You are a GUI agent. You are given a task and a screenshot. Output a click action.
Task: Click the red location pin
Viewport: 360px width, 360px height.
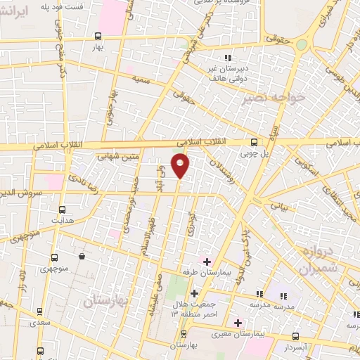pyautogui.click(x=181, y=166)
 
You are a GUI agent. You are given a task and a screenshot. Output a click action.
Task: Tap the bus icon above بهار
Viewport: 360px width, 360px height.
pyautogui.click(x=96, y=34)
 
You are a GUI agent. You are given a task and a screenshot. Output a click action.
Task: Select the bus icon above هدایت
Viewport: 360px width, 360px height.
pyautogui.click(x=62, y=210)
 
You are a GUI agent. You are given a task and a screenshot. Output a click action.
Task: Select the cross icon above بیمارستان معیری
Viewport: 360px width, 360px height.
pyautogui.click(x=238, y=323)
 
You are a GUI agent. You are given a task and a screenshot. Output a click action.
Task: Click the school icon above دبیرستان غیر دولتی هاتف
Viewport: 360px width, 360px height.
pyautogui.click(x=226, y=58)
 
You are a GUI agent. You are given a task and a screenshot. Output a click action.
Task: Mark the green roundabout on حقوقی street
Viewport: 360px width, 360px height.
pyautogui.click(x=302, y=44)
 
